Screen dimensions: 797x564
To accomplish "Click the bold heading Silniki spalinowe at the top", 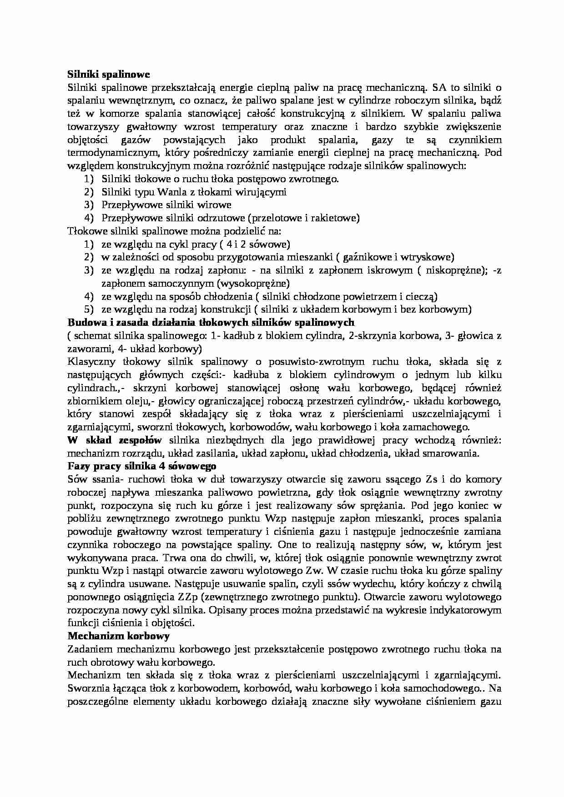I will [108, 74].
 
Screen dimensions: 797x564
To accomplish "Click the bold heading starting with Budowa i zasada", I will [211, 323].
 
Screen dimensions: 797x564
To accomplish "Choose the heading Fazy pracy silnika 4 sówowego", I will [141, 466].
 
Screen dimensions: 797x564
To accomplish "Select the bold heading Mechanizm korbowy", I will [118, 636].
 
